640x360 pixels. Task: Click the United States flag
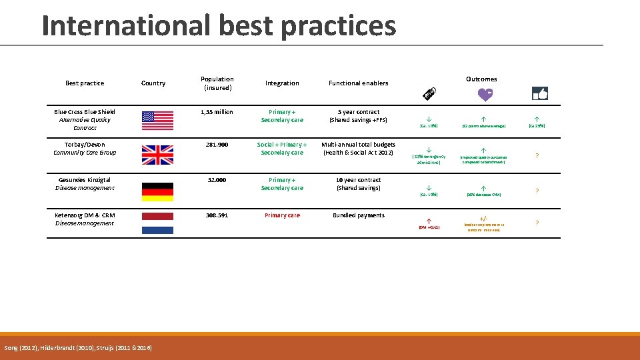coord(157,121)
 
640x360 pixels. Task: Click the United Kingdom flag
coord(157,155)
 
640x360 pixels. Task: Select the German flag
coord(157,191)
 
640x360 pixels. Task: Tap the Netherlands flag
coord(157,223)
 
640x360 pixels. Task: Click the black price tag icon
coord(430,97)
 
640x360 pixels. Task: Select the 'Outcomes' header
coord(481,79)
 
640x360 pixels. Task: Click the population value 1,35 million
coord(217,112)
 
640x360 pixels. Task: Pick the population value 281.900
coord(217,145)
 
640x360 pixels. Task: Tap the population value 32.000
coord(217,180)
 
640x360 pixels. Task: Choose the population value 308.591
coord(217,215)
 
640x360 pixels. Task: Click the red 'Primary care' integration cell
coord(282,215)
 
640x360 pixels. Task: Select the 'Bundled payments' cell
coord(359,215)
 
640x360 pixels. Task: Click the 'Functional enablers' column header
coord(359,83)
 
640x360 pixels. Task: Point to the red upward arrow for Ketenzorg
coord(429,220)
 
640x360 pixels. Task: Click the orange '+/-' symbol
coord(484,219)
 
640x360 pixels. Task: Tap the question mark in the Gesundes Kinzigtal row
coord(537,191)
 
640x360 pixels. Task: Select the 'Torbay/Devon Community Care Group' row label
coord(85,149)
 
